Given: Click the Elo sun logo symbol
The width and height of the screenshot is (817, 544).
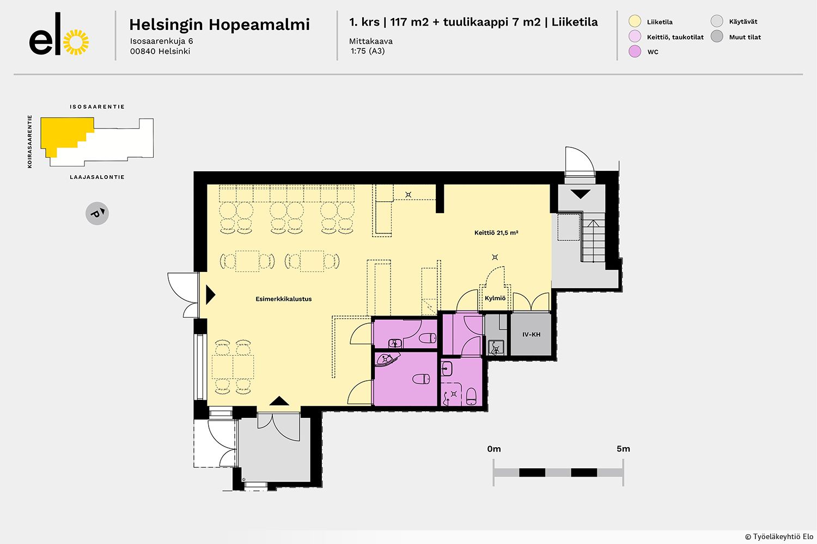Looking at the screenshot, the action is (x=76, y=42).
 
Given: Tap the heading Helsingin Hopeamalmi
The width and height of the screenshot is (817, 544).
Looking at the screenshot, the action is (x=220, y=25).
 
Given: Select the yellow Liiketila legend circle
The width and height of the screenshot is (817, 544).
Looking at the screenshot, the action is (x=635, y=22).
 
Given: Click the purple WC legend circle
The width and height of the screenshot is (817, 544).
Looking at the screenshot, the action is (x=635, y=51).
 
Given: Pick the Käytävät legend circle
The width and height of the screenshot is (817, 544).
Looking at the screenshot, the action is (x=717, y=21).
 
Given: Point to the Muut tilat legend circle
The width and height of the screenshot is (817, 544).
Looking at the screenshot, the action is (x=717, y=36).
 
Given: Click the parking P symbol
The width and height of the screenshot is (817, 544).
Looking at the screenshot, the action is (x=97, y=213).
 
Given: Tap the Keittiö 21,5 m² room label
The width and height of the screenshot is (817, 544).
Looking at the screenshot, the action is (x=496, y=232).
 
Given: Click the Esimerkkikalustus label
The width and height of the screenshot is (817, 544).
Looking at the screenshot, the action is (x=283, y=299).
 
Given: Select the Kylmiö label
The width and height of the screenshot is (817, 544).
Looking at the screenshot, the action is (x=495, y=298).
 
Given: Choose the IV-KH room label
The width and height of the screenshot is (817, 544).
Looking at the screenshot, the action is (x=531, y=335).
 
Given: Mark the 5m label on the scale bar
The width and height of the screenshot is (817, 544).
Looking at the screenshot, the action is (x=623, y=449).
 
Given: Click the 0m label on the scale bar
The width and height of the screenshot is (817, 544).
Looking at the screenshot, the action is (x=494, y=449).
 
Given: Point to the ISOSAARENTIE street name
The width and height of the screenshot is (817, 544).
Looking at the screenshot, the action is (x=97, y=107).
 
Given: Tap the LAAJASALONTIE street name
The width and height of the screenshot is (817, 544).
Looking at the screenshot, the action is (x=97, y=177).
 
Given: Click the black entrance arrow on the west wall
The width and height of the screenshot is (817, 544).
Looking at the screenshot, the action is (x=210, y=295).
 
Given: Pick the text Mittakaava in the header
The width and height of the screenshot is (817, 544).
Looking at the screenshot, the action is (x=370, y=41).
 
